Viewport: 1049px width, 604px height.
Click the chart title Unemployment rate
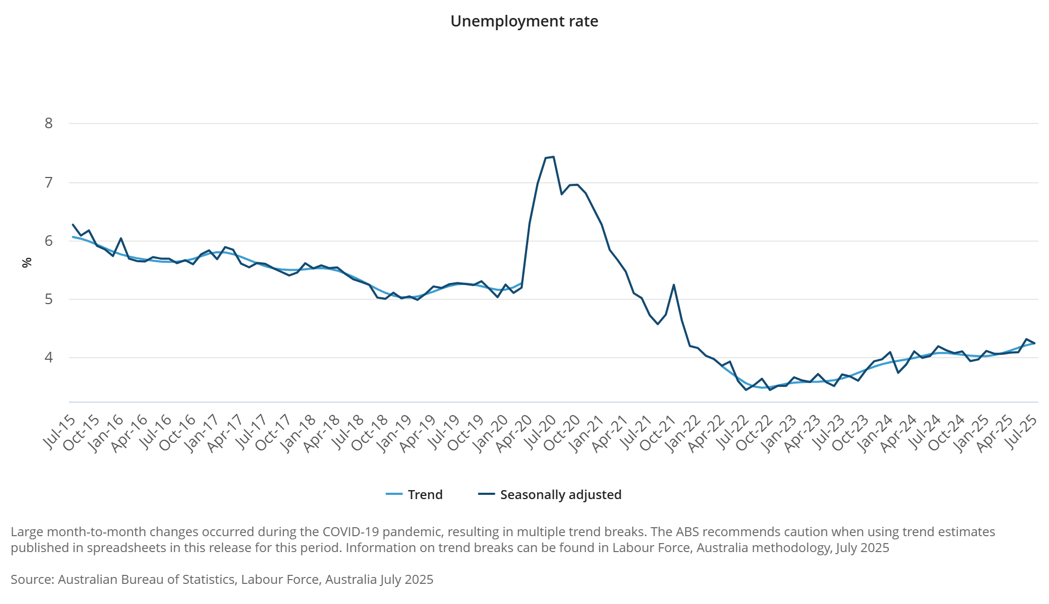point(524,21)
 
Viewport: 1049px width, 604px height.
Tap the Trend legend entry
point(424,494)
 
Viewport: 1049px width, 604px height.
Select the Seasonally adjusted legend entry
point(560,494)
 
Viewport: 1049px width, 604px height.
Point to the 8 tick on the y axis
point(49,123)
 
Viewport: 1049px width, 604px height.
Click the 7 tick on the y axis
point(49,183)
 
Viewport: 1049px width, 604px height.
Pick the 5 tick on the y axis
point(49,299)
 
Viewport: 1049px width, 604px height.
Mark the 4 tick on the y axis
point(49,358)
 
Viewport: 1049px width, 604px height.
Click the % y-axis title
point(26,262)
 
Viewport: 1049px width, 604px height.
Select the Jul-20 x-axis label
point(541,432)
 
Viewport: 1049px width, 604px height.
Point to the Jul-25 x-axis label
point(1022,432)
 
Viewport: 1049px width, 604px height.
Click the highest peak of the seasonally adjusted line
point(553,157)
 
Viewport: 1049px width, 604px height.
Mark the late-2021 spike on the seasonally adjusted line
point(673,285)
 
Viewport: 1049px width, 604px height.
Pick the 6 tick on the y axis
point(49,241)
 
